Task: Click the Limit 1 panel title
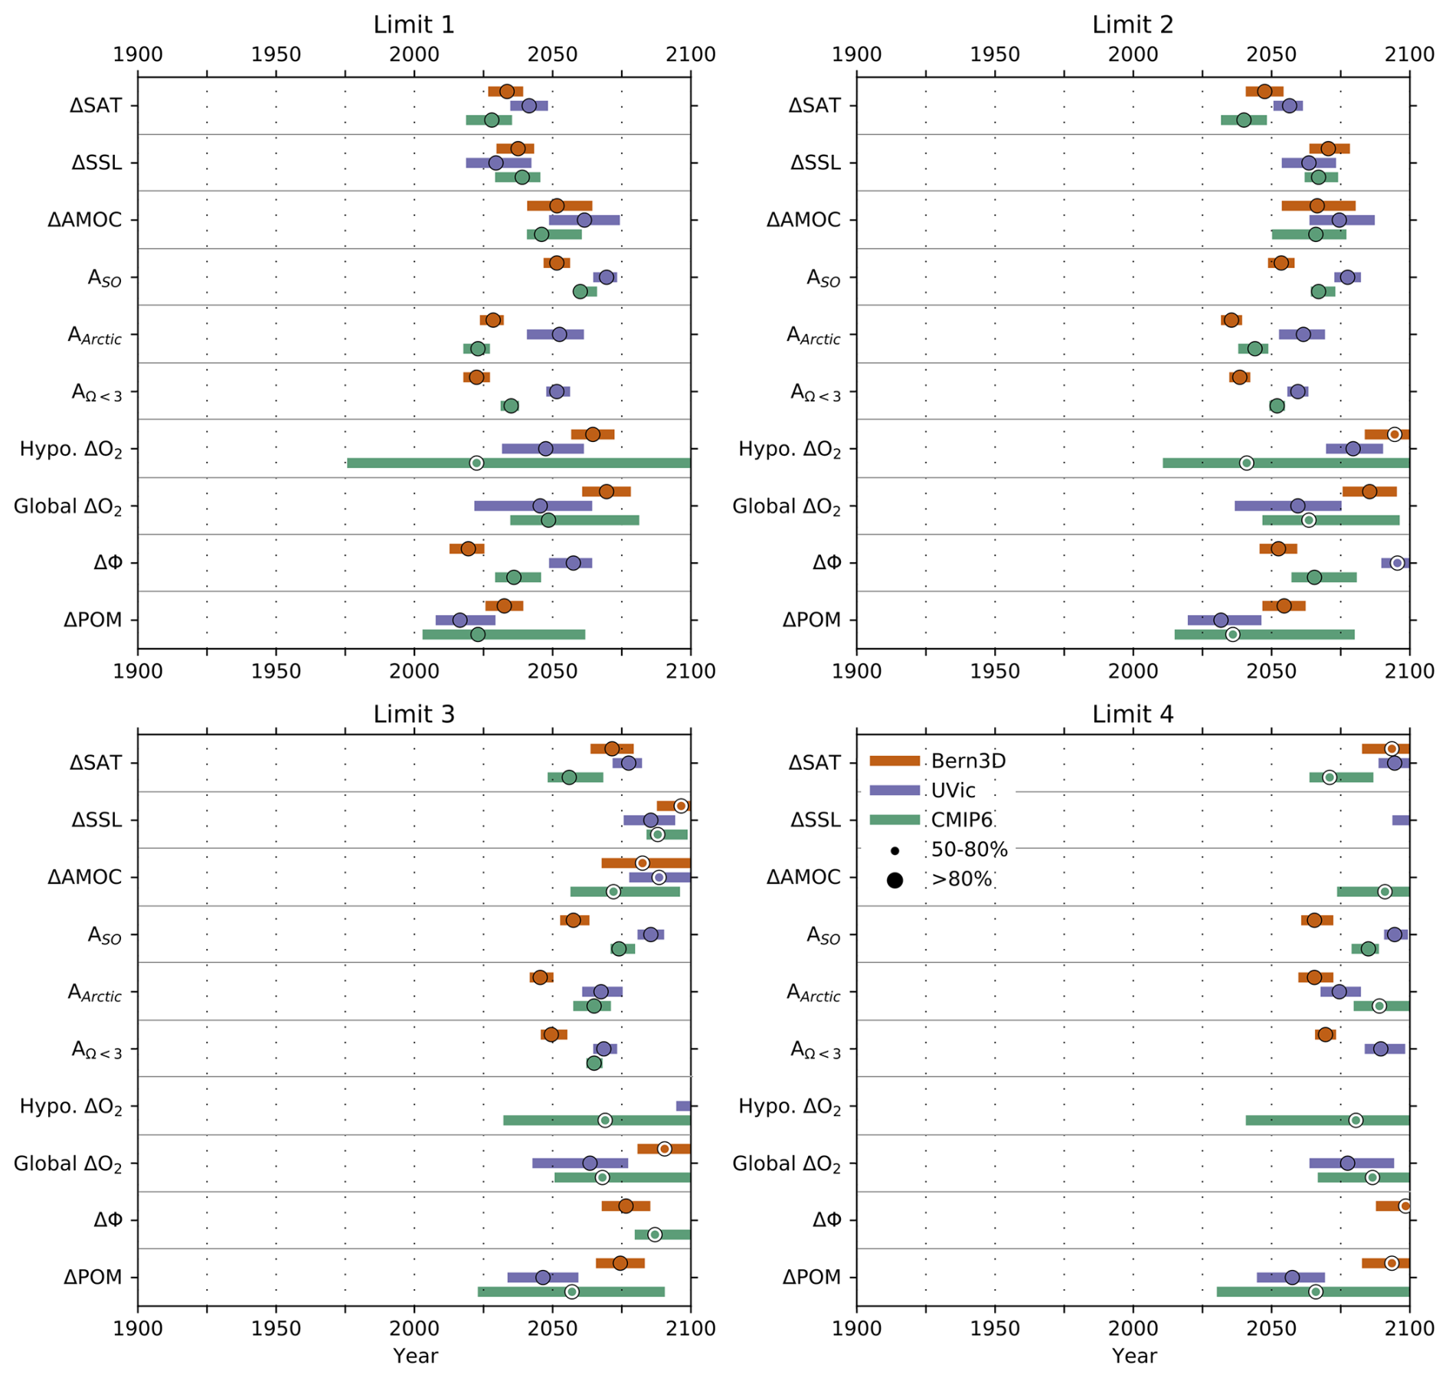coord(414,25)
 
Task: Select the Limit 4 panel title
coord(1132,714)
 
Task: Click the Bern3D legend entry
coord(968,761)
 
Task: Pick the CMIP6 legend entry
coord(961,820)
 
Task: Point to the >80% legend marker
coord(895,880)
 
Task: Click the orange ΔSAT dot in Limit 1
coord(506,91)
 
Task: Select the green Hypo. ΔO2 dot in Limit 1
coord(476,463)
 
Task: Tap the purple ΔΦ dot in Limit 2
coord(1397,563)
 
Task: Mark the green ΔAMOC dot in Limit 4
coord(1384,892)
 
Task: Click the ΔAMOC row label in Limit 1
coord(84,220)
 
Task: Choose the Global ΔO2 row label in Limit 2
coord(787,506)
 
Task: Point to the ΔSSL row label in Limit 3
coord(96,820)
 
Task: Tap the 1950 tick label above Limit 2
coord(994,54)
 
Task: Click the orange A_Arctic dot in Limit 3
coord(540,977)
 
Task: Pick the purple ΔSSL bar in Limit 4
coord(1400,820)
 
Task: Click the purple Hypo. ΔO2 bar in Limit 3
coord(683,1106)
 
